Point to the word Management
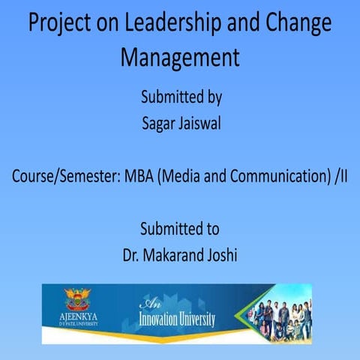(180, 57)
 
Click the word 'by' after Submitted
(212, 97)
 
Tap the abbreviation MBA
(138, 178)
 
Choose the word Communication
(273, 178)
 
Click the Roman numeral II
(343, 178)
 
